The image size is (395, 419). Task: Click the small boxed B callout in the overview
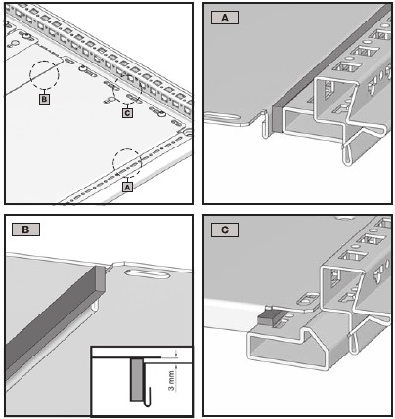(x=44, y=99)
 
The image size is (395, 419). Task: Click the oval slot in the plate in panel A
(x=225, y=119)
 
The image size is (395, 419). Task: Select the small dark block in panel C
(x=263, y=316)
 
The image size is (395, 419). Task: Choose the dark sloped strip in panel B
(x=49, y=313)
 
